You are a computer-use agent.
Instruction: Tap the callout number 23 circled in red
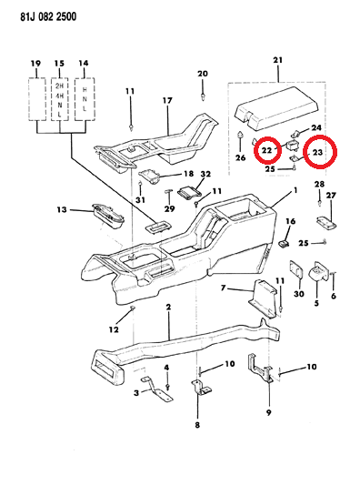tap(318, 154)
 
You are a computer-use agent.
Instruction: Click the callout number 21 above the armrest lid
tap(277, 61)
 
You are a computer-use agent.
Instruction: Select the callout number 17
tap(167, 100)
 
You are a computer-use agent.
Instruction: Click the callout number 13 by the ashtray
tap(62, 209)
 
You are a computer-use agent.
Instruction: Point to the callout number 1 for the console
tap(295, 192)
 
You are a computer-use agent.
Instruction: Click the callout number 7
tap(223, 288)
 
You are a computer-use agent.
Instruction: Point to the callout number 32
tap(205, 174)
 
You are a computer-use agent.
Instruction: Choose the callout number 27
tap(331, 196)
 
